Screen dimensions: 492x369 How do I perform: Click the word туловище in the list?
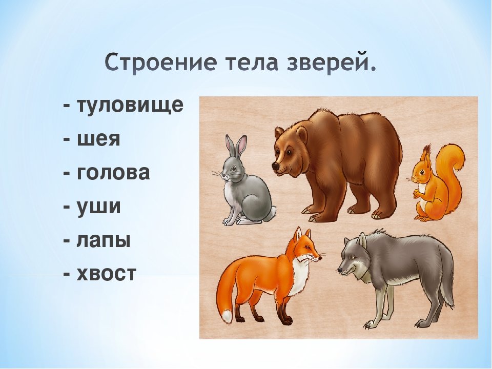[130, 106]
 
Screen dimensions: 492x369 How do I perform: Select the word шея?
[98, 139]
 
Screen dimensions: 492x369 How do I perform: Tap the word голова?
[113, 173]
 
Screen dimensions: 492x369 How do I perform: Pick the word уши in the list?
[98, 207]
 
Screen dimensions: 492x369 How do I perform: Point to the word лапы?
[104, 241]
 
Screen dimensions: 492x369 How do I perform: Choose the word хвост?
[107, 273]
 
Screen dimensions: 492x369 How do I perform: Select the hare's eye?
[234, 169]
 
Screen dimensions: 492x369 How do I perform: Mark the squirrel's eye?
[422, 173]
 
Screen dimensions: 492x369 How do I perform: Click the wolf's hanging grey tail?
[446, 286]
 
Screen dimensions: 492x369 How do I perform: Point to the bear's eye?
[288, 152]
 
